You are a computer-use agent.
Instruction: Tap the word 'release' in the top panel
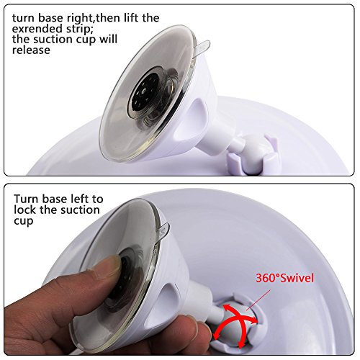click(31, 50)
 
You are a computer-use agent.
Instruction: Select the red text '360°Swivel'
click(284, 278)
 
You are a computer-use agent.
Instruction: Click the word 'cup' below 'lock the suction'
click(23, 221)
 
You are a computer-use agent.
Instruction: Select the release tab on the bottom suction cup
click(163, 230)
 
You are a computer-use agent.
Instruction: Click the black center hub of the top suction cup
click(143, 92)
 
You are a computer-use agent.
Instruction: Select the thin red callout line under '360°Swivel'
click(258, 300)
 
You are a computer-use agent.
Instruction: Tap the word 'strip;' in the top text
click(77, 30)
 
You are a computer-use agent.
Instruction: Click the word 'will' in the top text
click(109, 40)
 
